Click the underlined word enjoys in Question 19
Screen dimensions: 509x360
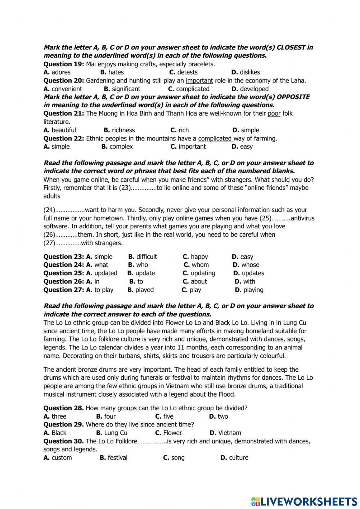point(107,64)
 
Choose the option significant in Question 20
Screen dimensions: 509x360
point(126,89)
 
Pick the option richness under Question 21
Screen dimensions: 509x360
point(123,130)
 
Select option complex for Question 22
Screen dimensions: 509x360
point(121,147)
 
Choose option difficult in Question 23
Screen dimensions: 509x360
point(146,257)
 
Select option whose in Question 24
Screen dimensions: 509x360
point(250,265)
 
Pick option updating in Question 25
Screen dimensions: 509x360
point(203,273)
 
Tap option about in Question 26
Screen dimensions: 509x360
point(199,281)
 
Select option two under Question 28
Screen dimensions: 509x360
point(222,416)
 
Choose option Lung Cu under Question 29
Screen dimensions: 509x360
point(115,433)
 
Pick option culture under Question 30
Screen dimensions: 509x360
point(238,457)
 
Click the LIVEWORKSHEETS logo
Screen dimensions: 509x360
point(304,501)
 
